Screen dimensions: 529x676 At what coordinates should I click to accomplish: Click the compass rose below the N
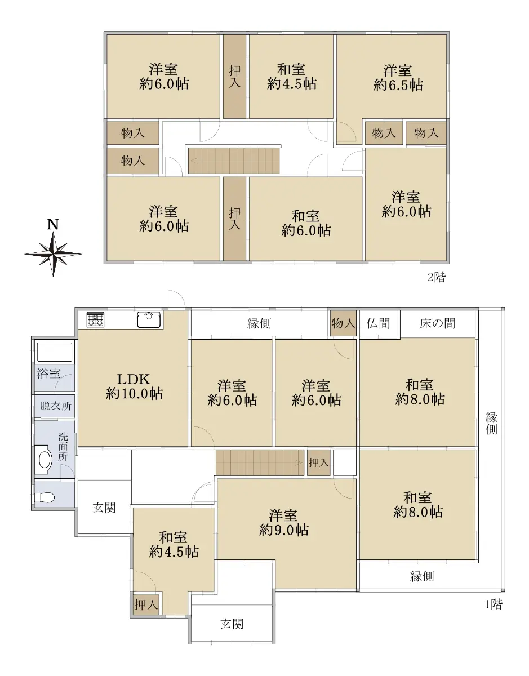pyautogui.click(x=53, y=254)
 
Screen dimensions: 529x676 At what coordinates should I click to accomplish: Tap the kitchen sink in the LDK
pyautogui.click(x=149, y=319)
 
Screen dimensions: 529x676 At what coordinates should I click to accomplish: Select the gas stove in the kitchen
pyautogui.click(x=95, y=319)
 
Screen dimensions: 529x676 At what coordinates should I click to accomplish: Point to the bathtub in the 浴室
pyautogui.click(x=55, y=353)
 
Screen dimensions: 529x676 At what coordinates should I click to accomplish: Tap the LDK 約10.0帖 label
pyautogui.click(x=134, y=386)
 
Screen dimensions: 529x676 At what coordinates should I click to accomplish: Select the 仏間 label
pyautogui.click(x=378, y=323)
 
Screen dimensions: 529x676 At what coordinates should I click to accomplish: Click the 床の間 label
pyautogui.click(x=437, y=323)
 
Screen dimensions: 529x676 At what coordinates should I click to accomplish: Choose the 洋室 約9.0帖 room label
pyautogui.click(x=283, y=523)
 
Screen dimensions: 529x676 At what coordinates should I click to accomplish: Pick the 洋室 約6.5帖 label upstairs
pyautogui.click(x=398, y=78)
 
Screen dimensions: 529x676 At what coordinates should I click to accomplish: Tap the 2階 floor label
pyautogui.click(x=437, y=277)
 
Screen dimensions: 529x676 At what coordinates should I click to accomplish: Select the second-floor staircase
pyautogui.click(x=234, y=161)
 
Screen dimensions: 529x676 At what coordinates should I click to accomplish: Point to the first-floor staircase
pyautogui.click(x=260, y=462)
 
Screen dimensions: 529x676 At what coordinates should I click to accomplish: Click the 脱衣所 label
pyautogui.click(x=56, y=406)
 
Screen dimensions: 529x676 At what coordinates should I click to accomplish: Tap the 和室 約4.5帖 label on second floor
pyautogui.click(x=291, y=77)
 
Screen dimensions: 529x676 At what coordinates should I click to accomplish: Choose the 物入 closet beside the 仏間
pyautogui.click(x=343, y=323)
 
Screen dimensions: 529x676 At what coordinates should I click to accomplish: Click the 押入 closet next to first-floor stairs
pyautogui.click(x=319, y=462)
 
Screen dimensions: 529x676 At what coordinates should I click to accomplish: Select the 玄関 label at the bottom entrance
pyautogui.click(x=232, y=624)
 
